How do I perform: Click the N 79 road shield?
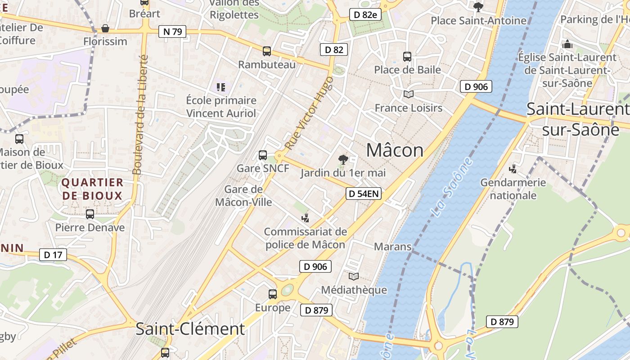click(x=172, y=31)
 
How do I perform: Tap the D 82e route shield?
click(x=365, y=14)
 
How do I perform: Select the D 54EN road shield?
click(x=364, y=194)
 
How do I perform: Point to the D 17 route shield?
click(x=53, y=255)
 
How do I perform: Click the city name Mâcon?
click(x=395, y=150)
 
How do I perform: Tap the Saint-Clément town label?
click(x=190, y=329)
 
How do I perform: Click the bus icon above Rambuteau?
click(x=267, y=51)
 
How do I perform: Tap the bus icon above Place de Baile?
click(x=407, y=57)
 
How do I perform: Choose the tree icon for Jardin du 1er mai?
click(x=343, y=159)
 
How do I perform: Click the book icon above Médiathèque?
click(x=354, y=276)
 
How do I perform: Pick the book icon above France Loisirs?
click(x=408, y=94)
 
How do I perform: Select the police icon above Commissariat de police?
click(x=306, y=218)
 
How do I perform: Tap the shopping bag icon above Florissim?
click(x=105, y=28)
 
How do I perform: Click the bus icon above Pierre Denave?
click(x=90, y=214)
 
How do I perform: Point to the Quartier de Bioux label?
click(x=92, y=189)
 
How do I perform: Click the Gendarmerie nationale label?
click(x=513, y=189)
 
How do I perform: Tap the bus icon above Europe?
click(x=273, y=294)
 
